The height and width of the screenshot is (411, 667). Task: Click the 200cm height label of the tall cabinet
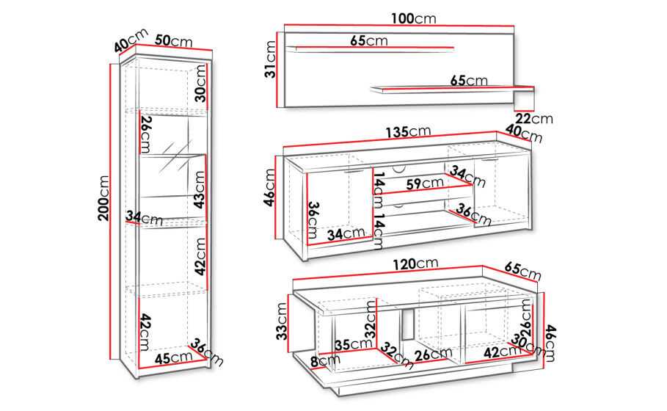click(103, 198)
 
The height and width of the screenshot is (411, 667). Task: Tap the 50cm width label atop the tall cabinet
click(174, 41)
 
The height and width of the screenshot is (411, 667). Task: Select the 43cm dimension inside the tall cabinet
click(199, 189)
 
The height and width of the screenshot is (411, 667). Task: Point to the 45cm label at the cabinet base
click(173, 358)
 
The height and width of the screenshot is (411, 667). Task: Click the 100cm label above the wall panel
click(413, 19)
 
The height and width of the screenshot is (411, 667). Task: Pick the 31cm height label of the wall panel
click(271, 59)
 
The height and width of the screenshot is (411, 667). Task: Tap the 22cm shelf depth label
click(534, 119)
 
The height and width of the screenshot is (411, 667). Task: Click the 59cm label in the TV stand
click(425, 183)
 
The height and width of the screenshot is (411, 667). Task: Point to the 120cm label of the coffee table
click(415, 263)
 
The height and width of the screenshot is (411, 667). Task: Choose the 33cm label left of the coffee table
click(282, 321)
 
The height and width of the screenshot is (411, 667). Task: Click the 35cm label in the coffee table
click(354, 344)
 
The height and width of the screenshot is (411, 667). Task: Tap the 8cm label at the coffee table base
click(325, 361)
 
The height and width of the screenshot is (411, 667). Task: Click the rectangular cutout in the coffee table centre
click(407, 324)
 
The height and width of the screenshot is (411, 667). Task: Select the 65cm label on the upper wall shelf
click(369, 41)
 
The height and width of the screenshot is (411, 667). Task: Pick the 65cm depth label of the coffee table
click(522, 271)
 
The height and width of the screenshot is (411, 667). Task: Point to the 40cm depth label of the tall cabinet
click(131, 40)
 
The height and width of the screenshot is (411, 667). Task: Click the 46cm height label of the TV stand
click(271, 188)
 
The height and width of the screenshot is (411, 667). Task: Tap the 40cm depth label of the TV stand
click(524, 133)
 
